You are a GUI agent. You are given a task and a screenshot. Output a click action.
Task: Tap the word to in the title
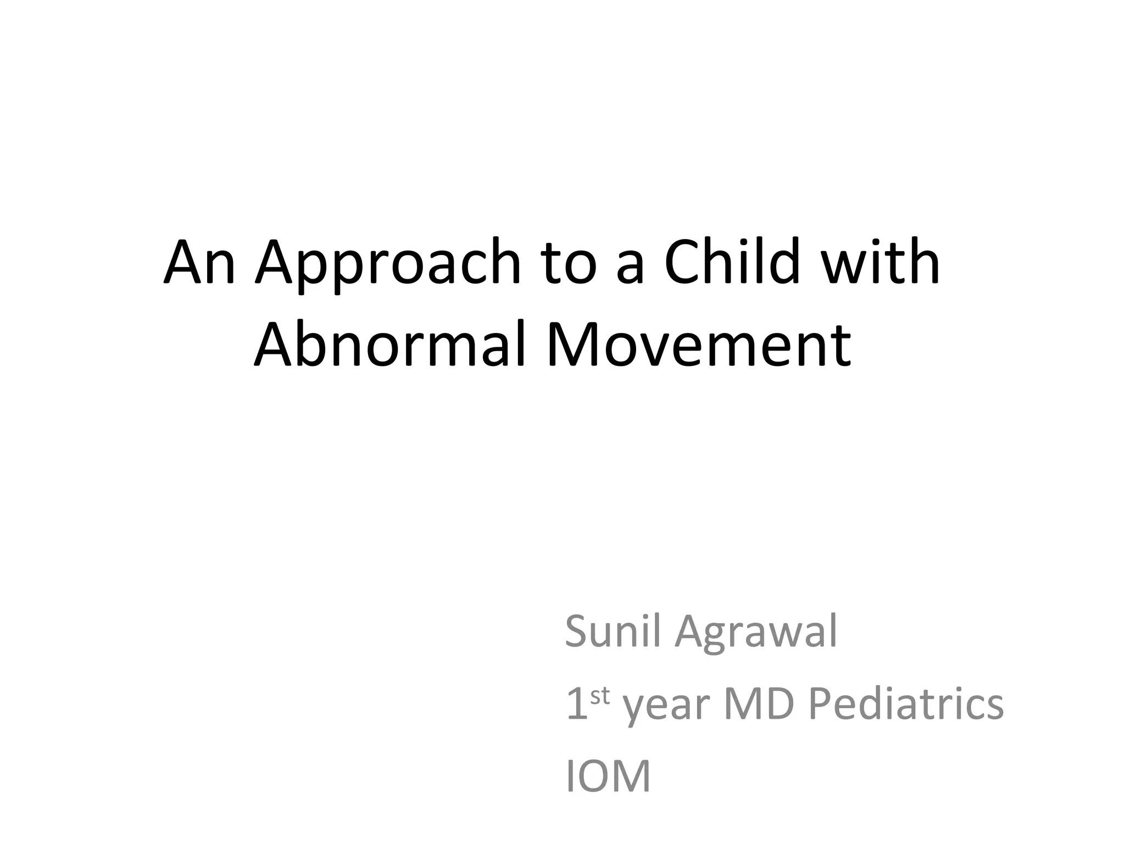[569, 264]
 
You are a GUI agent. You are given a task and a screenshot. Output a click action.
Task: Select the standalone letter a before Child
[629, 269]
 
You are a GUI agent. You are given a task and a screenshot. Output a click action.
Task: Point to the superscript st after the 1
[600, 696]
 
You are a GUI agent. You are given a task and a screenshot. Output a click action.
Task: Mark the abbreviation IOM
[608, 776]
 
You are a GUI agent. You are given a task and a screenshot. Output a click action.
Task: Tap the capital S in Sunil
[577, 632]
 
